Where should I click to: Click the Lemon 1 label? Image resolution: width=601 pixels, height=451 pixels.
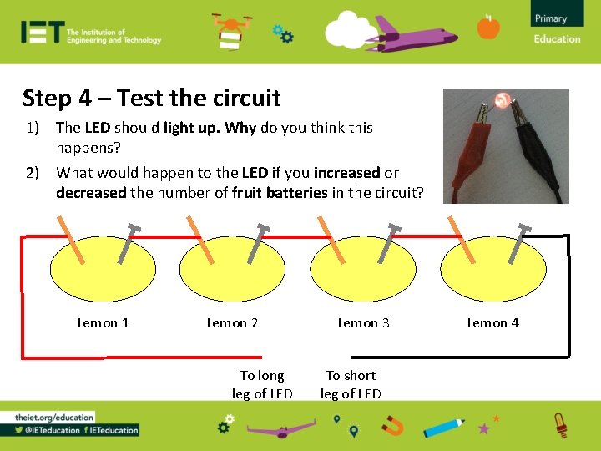(x=103, y=323)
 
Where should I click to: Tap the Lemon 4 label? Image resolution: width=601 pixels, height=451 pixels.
(x=492, y=323)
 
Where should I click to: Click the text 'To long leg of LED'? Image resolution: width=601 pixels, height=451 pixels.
(x=262, y=385)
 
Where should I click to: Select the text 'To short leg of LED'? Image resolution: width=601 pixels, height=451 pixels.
(x=351, y=385)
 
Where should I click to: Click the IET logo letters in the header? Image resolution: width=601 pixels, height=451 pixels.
(x=42, y=33)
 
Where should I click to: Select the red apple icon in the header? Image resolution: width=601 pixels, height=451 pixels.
(x=488, y=28)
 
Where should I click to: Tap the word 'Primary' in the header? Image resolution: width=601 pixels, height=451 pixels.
(x=550, y=18)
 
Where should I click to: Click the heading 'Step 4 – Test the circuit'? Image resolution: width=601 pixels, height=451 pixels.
(x=152, y=99)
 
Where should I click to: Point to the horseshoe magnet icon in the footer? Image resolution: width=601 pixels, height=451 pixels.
(x=392, y=427)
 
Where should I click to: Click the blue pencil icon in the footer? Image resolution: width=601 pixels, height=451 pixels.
(x=443, y=426)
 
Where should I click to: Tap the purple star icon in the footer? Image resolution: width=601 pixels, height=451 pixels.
(x=483, y=428)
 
